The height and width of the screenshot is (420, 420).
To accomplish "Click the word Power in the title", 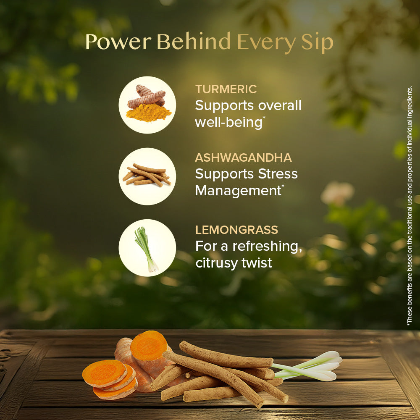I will point(118,42).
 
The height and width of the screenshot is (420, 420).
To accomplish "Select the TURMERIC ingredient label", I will point(226,89).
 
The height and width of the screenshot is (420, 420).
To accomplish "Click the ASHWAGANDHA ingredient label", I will point(243,158).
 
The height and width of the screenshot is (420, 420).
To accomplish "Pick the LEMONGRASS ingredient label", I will point(236,230).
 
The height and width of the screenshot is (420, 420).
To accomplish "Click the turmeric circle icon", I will point(147,105).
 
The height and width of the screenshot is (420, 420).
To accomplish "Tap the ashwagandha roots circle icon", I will point(147,176).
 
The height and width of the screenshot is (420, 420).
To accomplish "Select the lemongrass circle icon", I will point(147,248).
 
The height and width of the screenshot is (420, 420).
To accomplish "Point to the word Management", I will point(238,191).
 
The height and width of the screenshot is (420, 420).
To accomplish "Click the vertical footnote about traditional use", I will point(409,206).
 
